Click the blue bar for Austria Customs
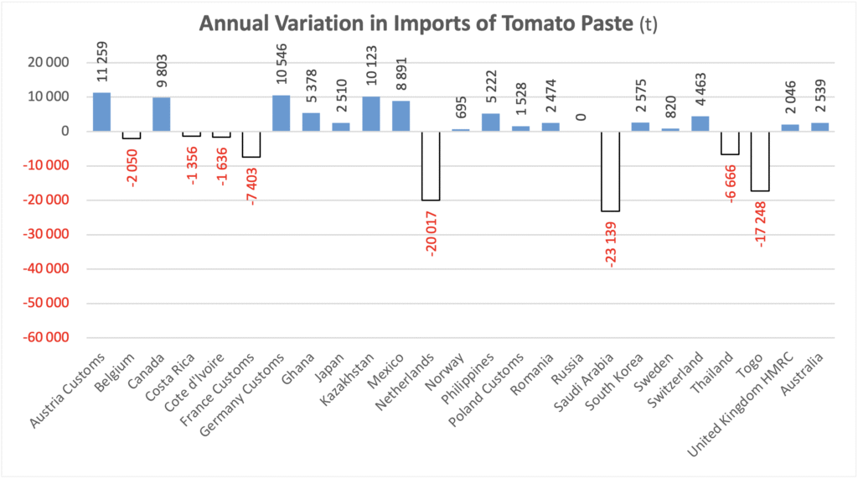pos(101,112)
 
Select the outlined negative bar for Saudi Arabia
pos(610,171)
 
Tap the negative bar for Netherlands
pos(431,165)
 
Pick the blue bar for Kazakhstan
pos(371,113)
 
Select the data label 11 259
pos(102,63)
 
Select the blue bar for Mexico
pos(401,116)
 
